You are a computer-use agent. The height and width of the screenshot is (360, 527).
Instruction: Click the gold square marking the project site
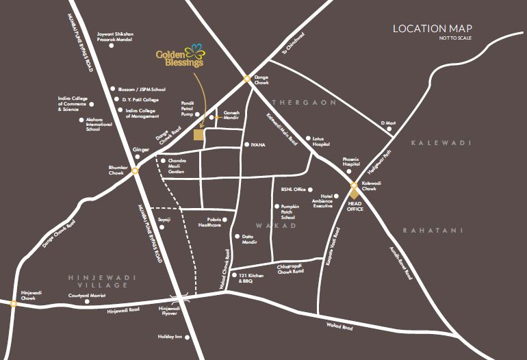click(198, 135)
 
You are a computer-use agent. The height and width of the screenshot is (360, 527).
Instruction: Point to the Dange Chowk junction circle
click(247, 79)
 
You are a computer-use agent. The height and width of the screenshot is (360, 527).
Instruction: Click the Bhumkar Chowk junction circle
click(136, 171)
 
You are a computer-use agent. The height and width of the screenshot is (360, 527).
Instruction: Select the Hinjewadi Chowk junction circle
click(13, 305)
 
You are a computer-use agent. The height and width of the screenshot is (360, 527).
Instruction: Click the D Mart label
click(388, 123)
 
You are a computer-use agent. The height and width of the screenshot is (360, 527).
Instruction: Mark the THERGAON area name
click(305, 102)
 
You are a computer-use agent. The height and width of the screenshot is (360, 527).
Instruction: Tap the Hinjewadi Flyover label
click(169, 311)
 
